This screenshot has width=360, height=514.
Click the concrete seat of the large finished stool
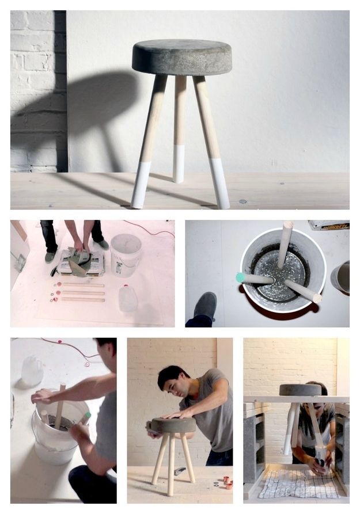[181, 56]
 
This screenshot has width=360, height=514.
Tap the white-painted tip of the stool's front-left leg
[140, 185]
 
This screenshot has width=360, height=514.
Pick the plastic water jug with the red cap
[128, 298]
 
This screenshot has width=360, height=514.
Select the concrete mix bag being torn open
[81, 262]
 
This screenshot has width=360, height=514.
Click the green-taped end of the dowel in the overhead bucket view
[241, 277]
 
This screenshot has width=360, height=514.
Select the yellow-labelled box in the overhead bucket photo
[329, 225]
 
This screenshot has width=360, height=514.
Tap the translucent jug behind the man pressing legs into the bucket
[32, 371]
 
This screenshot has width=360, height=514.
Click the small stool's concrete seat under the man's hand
[173, 425]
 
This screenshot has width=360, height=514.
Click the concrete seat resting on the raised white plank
[300, 390]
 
